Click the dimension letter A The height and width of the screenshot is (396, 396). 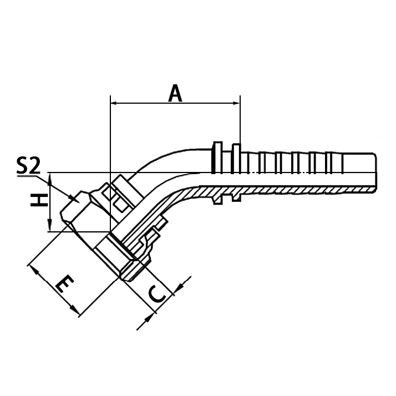(176, 93)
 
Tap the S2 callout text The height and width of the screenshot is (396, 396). (28, 166)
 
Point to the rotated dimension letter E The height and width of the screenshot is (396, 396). (65, 286)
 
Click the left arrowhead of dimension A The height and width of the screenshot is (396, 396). (115, 103)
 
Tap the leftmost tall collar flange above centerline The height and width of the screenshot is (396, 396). (216, 156)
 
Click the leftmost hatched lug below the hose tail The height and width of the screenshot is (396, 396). (217, 195)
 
